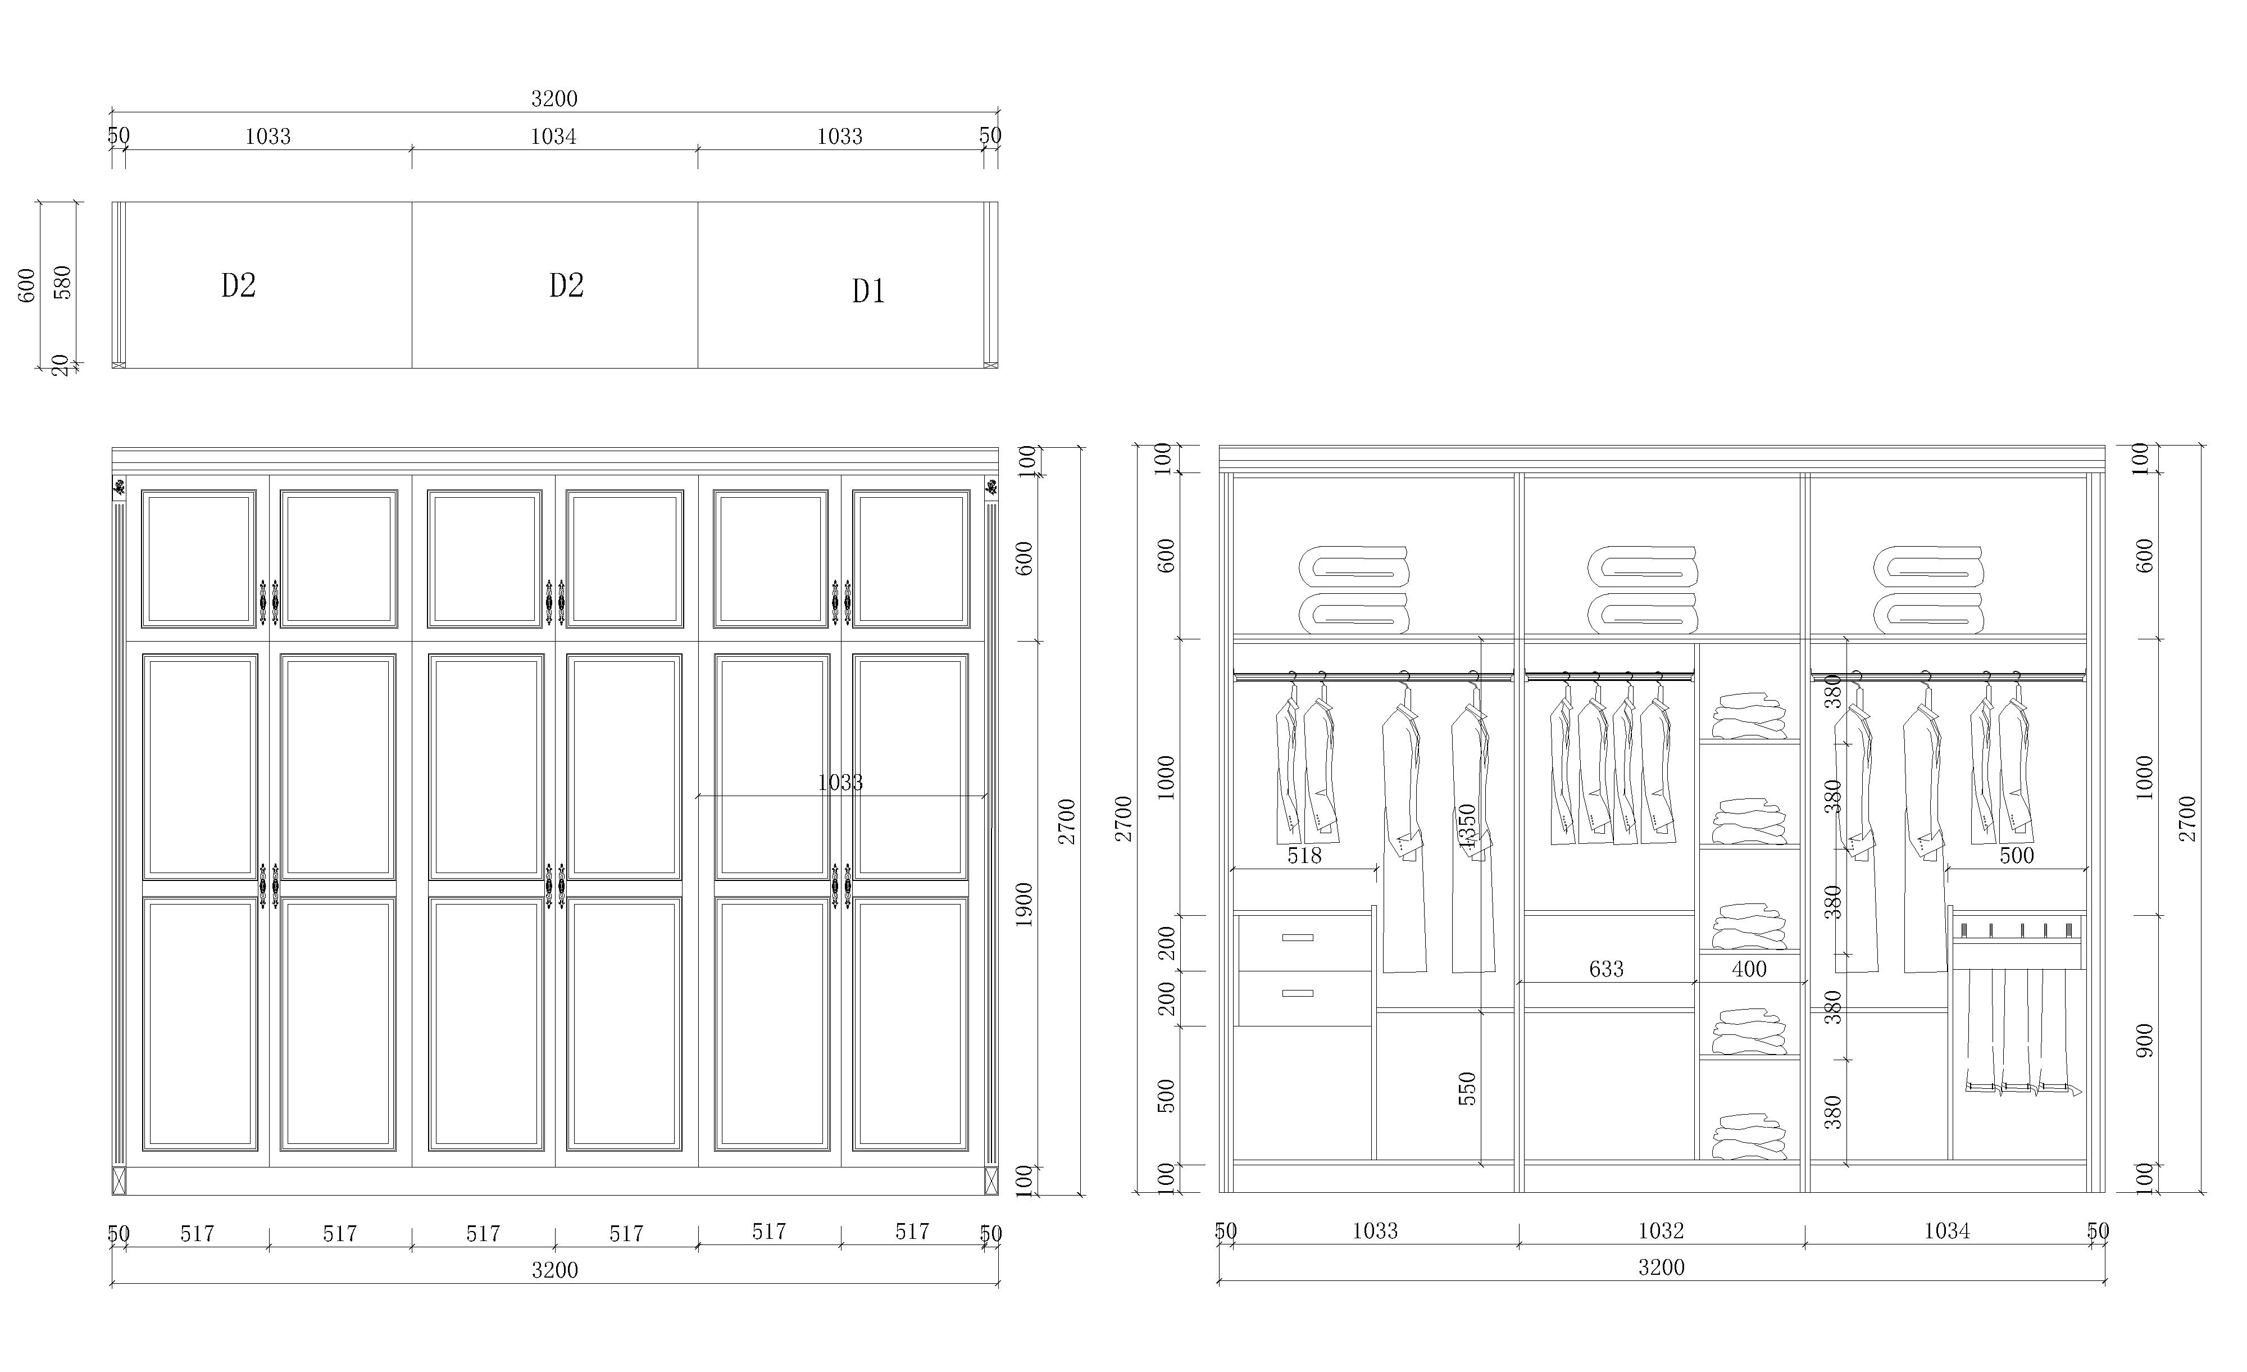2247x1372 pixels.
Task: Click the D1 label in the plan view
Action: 868,291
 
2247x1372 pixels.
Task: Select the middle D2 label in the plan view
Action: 566,285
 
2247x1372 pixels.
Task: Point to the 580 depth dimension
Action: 62,282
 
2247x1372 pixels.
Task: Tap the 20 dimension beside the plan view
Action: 60,365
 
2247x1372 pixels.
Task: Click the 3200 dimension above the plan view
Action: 554,98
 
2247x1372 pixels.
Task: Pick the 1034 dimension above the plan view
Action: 553,136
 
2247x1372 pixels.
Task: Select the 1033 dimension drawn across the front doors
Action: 840,782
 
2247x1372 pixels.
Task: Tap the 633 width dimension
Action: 1606,969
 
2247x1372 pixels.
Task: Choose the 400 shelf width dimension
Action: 1749,969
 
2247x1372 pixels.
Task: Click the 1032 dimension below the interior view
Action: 1661,1230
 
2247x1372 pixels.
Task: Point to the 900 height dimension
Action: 2144,1041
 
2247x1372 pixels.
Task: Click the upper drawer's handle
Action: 1297,937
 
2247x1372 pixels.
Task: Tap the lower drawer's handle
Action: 1297,993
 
